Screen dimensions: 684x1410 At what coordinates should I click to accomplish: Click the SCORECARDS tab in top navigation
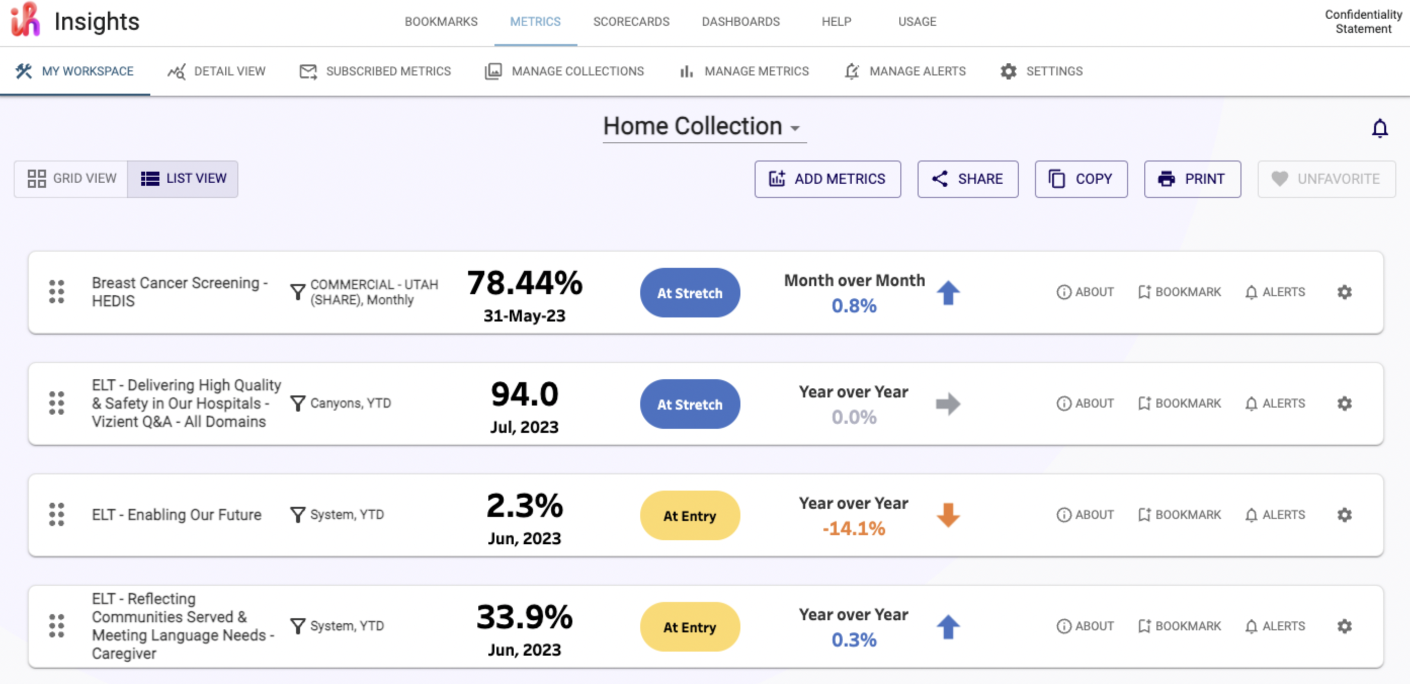[x=631, y=21]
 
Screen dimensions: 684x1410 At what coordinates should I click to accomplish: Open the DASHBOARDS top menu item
[x=740, y=21]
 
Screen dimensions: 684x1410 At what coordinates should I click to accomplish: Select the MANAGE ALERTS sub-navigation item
[x=905, y=71]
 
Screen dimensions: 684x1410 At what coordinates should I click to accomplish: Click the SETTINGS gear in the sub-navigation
[x=1008, y=71]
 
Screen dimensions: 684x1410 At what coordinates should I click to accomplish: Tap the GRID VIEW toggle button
[x=72, y=179]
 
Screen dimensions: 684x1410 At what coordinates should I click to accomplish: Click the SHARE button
[x=967, y=179]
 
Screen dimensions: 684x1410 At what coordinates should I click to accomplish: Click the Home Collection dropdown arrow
[x=795, y=128]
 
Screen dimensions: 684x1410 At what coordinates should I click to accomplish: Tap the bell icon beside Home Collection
[x=1379, y=128]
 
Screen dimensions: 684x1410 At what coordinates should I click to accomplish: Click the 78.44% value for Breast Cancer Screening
[x=524, y=283]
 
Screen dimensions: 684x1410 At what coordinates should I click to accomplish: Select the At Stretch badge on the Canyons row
[x=689, y=404]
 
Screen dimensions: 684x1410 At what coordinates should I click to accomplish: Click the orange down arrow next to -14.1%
[x=947, y=515]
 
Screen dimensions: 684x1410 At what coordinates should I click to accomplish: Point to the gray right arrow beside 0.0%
[x=947, y=404]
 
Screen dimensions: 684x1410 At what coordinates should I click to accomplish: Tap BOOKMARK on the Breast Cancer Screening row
[x=1179, y=292]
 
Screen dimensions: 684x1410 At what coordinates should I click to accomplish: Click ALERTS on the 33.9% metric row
[x=1275, y=626]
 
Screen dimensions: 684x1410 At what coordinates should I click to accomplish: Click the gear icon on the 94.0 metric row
[x=1344, y=404]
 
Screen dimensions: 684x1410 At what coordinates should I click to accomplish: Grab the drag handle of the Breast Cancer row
[x=56, y=292]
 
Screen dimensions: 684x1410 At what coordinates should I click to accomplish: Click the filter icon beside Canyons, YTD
[x=297, y=404]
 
